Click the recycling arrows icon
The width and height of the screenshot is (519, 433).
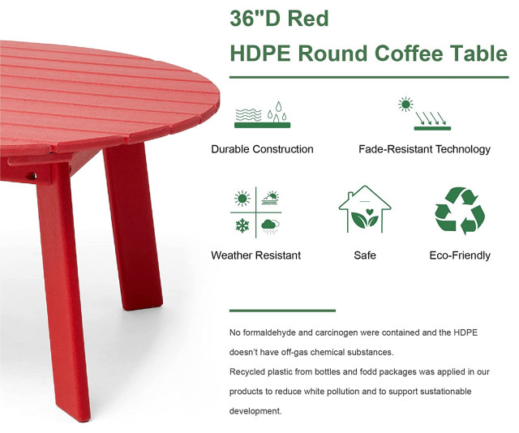click(460, 211)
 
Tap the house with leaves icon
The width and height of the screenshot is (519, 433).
click(364, 210)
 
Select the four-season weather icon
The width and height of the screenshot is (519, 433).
click(256, 211)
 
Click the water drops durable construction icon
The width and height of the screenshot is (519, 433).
click(262, 114)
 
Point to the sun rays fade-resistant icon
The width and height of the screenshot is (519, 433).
click(424, 114)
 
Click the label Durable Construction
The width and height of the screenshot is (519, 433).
click(262, 149)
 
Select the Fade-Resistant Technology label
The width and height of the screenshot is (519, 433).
click(424, 149)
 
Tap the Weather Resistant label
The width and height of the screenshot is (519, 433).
click(255, 255)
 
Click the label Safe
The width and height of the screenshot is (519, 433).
click(365, 255)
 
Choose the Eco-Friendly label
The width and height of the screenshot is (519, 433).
click(460, 255)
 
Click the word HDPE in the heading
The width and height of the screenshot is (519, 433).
click(261, 54)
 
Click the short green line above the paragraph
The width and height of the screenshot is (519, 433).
click(282, 311)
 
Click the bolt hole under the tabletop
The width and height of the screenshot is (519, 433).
click(33, 173)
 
